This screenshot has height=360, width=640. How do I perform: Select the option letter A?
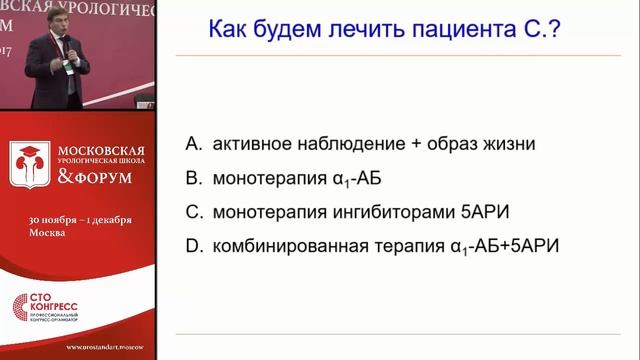click(194, 143)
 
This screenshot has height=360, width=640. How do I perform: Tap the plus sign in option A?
click(415, 144)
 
